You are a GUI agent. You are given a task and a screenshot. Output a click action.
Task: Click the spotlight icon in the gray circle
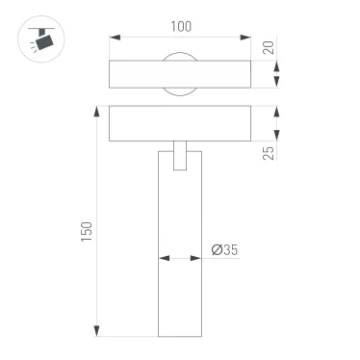(x=39, y=39)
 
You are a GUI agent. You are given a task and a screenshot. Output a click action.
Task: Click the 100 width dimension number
(x=181, y=28)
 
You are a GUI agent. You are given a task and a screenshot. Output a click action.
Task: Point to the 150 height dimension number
(x=86, y=231)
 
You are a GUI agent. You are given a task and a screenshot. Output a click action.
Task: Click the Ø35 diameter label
(x=223, y=250)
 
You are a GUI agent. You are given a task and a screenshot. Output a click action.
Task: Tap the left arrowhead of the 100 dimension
(x=114, y=39)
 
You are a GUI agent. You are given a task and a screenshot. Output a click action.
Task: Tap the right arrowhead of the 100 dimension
(x=247, y=39)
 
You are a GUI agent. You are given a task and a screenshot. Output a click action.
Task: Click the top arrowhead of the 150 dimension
(x=96, y=109)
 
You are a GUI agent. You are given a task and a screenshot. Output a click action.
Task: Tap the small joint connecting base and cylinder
(x=180, y=156)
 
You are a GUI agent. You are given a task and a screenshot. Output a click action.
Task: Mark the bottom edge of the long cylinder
(x=180, y=336)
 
